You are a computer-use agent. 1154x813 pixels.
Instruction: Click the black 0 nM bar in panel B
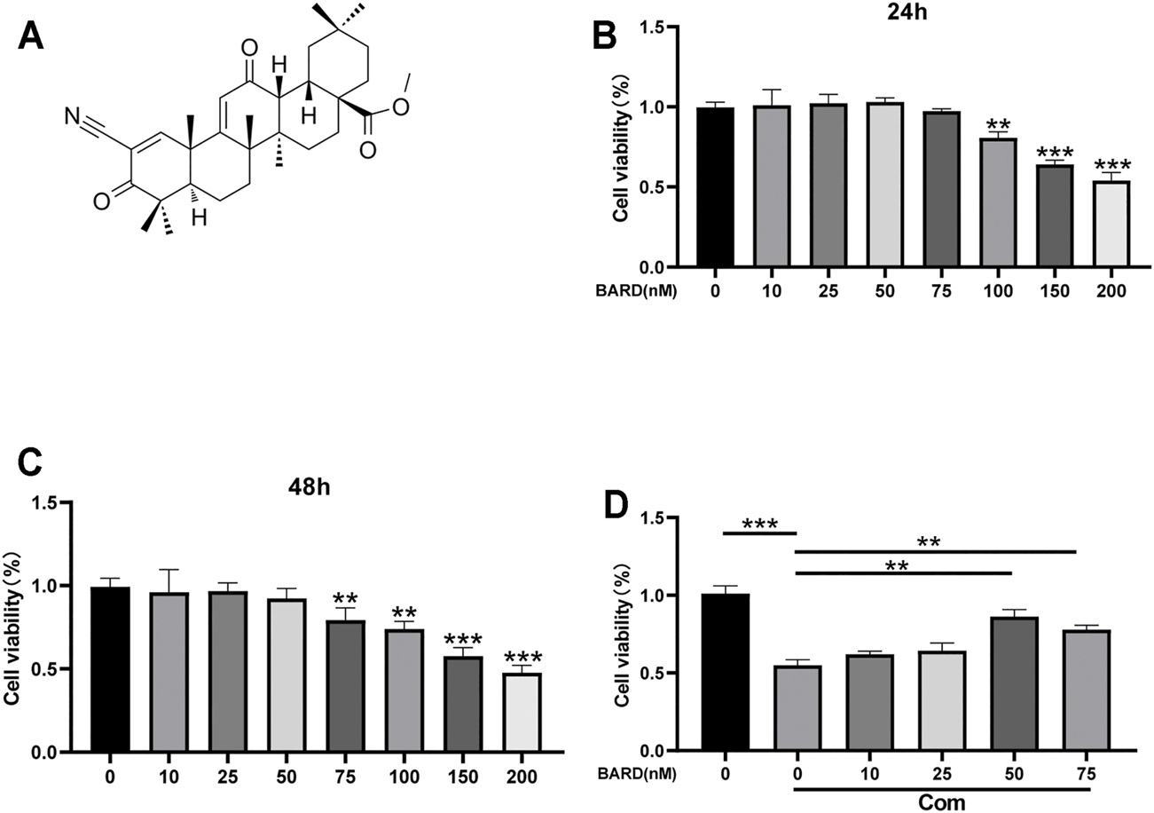[715, 187]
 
